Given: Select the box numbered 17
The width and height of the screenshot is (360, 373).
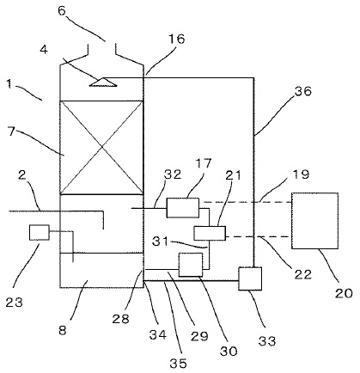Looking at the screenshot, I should [183, 207].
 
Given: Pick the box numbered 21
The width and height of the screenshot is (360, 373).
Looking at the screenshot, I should [210, 233].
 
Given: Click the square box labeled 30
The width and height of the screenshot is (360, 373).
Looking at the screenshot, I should [189, 265].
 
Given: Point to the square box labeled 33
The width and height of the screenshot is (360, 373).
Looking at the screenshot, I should [251, 279].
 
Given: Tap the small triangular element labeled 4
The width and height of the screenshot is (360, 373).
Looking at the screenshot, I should [102, 82].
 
